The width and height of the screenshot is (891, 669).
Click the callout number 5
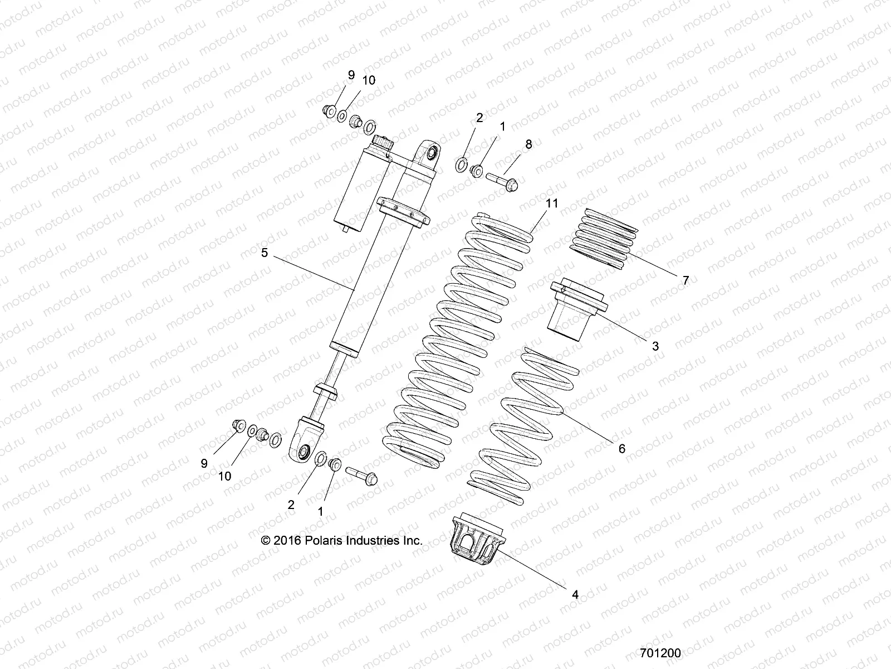pos(265,253)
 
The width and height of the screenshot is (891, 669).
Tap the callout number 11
pos(551,203)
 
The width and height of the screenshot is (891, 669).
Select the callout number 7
pos(686,280)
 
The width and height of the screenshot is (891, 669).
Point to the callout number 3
pos(655,346)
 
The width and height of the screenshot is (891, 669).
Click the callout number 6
pos(622,448)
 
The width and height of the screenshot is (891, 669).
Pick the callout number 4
pos(575,595)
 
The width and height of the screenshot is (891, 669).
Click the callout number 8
pos(528,144)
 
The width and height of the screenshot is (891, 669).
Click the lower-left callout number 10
pos(224,476)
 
